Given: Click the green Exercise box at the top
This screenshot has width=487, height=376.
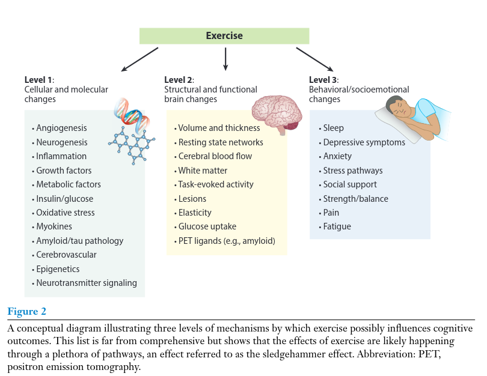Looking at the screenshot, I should (x=224, y=35).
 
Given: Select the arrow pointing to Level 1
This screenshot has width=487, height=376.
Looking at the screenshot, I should (x=139, y=59).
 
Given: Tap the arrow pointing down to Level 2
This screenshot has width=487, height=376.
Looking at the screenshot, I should (x=225, y=59).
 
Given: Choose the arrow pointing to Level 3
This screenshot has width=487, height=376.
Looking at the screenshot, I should (x=314, y=59).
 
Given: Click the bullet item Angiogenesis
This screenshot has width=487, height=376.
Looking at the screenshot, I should (x=61, y=128).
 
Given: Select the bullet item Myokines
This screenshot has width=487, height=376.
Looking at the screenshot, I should (x=54, y=226).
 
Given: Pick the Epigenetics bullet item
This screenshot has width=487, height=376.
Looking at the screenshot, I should (x=58, y=269).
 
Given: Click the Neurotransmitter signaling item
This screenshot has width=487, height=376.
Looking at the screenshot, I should (x=87, y=283).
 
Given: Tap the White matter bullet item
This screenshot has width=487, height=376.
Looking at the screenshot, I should (x=202, y=171).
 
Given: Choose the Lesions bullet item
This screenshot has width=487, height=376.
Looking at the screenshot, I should (x=192, y=199).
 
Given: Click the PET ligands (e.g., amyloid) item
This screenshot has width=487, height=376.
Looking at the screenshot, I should (x=227, y=241).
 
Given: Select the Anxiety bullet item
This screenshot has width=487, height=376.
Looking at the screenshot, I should (x=338, y=156).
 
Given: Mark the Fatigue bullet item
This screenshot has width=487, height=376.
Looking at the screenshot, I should (x=337, y=226).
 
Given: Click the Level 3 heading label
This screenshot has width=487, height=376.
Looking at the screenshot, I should (x=323, y=80).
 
